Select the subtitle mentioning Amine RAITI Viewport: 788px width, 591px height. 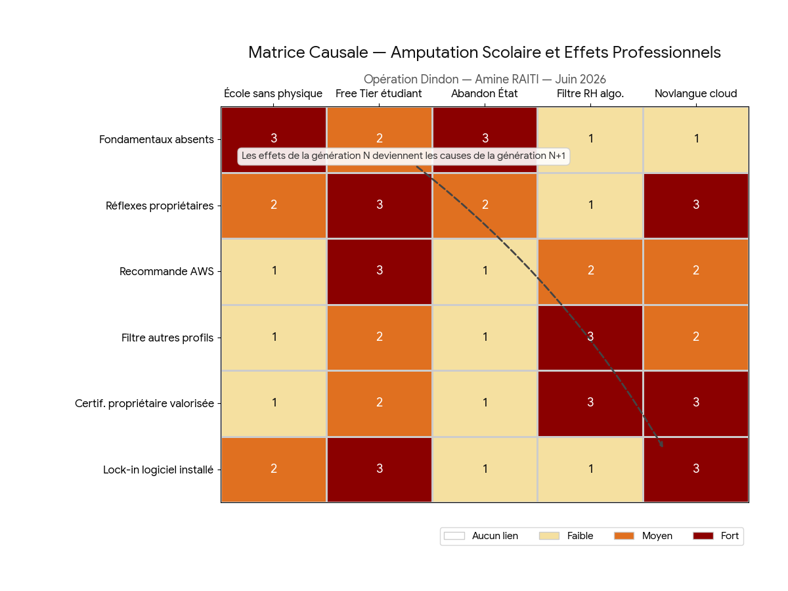click(485, 79)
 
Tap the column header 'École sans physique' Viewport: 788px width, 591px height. click(273, 94)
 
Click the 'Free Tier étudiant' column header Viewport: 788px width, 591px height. click(378, 94)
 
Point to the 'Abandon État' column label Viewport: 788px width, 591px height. click(484, 94)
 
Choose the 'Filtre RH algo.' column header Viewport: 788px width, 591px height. click(590, 94)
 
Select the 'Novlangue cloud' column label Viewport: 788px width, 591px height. click(695, 94)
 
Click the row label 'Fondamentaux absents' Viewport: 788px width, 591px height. click(156, 139)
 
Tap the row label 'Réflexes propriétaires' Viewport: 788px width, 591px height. click(160, 206)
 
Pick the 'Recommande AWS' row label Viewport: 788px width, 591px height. click(166, 271)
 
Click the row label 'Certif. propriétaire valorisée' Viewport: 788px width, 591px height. click(144, 403)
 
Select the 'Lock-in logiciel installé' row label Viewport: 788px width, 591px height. click(158, 470)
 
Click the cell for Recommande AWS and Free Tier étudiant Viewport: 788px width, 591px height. click(379, 272)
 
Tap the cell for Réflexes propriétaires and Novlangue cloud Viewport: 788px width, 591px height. click(696, 206)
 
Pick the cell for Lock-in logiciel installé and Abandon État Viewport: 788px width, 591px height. click(485, 470)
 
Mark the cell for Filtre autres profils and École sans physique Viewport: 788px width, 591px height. click(274, 338)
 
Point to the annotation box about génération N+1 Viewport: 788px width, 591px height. click(403, 156)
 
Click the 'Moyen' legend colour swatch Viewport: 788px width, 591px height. click(624, 536)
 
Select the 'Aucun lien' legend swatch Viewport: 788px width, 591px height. click(454, 536)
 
